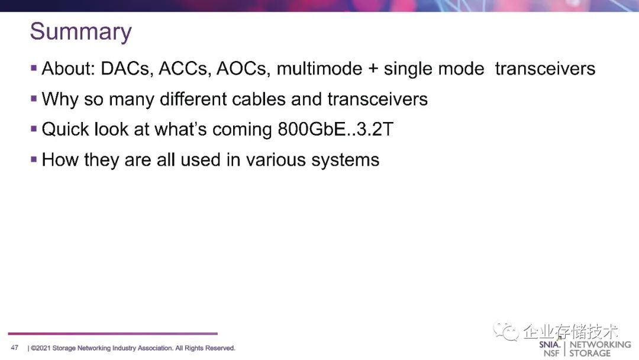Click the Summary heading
pyautogui.click(x=80, y=32)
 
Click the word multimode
pyautogui.click(x=319, y=69)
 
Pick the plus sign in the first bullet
pyautogui.click(x=373, y=69)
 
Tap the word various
pyautogui.click(x=276, y=160)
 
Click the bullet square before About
pyautogui.click(x=34, y=67)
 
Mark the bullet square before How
pyautogui.click(x=34, y=159)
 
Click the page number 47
pyautogui.click(x=15, y=348)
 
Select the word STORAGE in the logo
pyautogui.click(x=590, y=353)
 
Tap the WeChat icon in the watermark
pyautogui.click(x=506, y=332)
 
